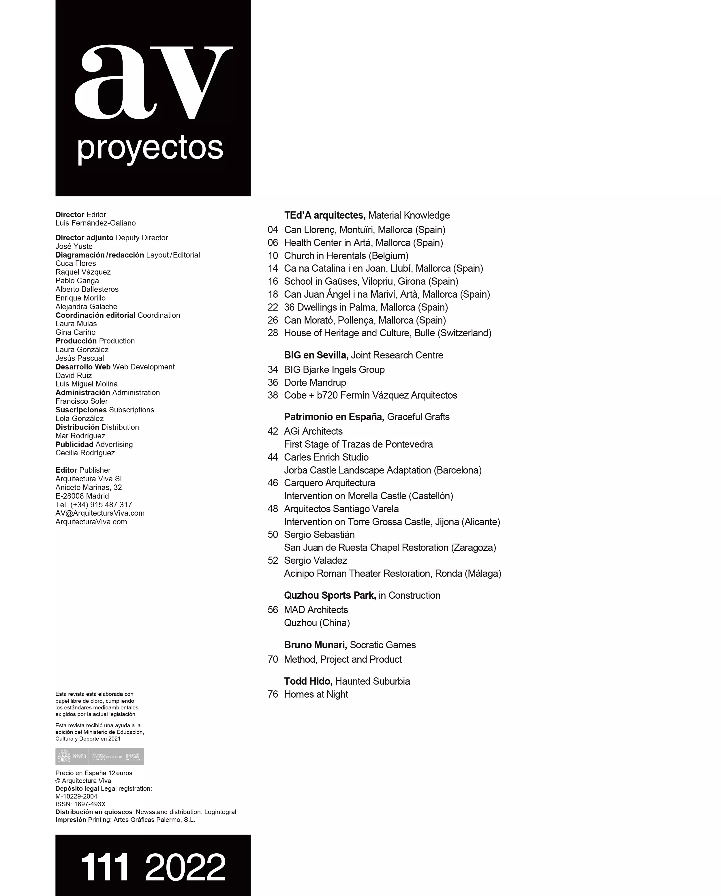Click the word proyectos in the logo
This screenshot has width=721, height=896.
[150, 148]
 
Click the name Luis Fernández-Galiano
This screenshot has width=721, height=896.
[95, 223]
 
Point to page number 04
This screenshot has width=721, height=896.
[273, 230]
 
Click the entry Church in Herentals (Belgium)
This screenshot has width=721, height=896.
[346, 256]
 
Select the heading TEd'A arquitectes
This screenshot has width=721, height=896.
[324, 215]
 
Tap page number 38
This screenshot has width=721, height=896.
[273, 395]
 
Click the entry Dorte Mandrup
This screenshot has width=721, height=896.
[315, 382]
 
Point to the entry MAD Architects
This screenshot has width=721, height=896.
[316, 610]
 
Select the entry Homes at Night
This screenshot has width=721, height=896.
[316, 694]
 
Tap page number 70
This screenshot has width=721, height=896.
[273, 660]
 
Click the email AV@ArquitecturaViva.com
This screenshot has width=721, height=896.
[100, 513]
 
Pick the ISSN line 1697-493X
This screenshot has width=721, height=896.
[81, 804]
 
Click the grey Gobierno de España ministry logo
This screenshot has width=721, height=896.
[100, 757]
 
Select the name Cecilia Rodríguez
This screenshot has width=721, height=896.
[85, 453]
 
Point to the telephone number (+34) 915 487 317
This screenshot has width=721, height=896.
[101, 504]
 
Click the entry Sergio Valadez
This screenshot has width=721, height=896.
[316, 561]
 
